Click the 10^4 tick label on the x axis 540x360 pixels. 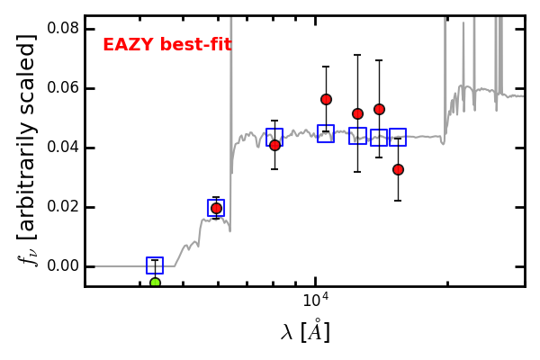pyautogui.click(x=314, y=299)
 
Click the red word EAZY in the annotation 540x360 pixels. pyautogui.click(x=127, y=45)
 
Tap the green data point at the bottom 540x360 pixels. pyautogui.click(x=155, y=283)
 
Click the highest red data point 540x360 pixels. pyautogui.click(x=326, y=99)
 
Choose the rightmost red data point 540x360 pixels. pyautogui.click(x=398, y=169)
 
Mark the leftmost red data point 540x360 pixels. pyautogui.click(x=216, y=208)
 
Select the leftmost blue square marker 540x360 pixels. pyautogui.click(x=155, y=265)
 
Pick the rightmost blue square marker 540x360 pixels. pyautogui.click(x=398, y=137)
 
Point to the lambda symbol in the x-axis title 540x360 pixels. pyautogui.click(x=288, y=333)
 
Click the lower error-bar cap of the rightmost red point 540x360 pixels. pyautogui.click(x=398, y=200)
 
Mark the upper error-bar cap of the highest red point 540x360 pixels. pyautogui.click(x=326, y=67)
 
